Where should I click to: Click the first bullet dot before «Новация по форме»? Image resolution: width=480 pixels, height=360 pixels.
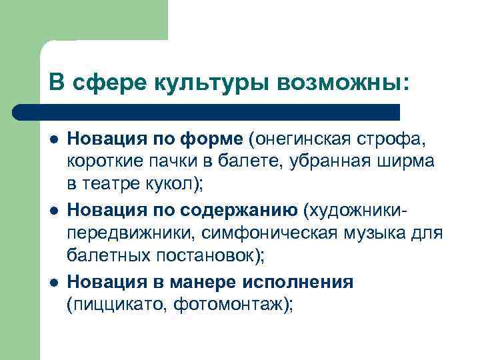point(53,139)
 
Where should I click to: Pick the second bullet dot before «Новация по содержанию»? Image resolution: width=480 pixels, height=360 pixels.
point(53,212)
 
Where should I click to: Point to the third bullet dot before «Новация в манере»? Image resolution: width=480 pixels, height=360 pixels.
point(53,283)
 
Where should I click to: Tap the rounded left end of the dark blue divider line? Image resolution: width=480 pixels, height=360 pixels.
point(20,111)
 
